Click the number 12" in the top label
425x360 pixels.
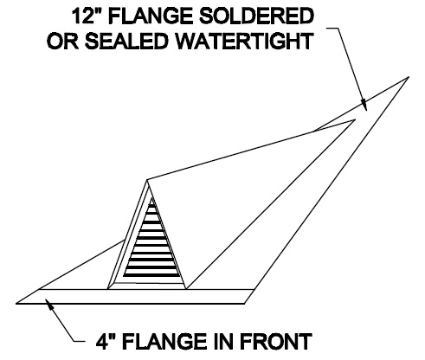[87, 16]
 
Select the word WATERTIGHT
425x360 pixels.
[245, 41]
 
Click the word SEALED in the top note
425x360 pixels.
[126, 41]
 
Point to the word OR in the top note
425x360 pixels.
[62, 41]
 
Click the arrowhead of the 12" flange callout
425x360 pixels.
[364, 105]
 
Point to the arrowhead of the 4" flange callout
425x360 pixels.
[50, 305]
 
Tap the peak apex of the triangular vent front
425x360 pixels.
[147, 180]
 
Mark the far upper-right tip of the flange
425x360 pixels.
[409, 77]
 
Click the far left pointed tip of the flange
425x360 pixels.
[16, 303]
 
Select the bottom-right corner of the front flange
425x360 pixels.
[245, 304]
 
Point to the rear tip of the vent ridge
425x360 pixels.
[355, 119]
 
